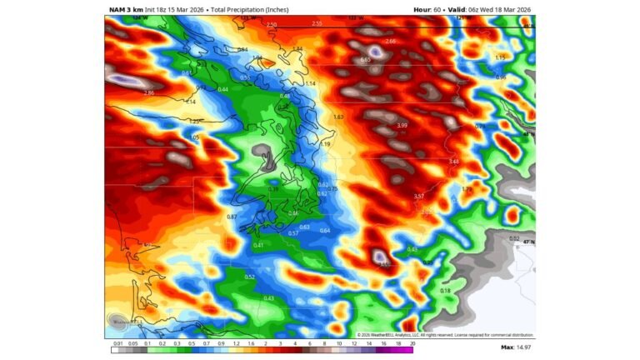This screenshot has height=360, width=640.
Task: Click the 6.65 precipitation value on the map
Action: pyautogui.click(x=365, y=60)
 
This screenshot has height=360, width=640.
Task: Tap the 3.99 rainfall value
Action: pyautogui.click(x=402, y=125)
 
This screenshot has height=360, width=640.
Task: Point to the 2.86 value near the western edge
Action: pyautogui.click(x=149, y=92)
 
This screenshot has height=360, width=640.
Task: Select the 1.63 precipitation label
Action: pyautogui.click(x=338, y=117)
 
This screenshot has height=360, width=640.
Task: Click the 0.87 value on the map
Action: pyautogui.click(x=232, y=217)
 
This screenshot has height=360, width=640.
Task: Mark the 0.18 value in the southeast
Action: pyautogui.click(x=445, y=291)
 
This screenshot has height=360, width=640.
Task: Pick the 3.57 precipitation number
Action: pyautogui.click(x=419, y=196)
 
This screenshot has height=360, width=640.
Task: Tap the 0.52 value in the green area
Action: pyautogui.click(x=250, y=277)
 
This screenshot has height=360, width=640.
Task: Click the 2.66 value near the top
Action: pyautogui.click(x=391, y=41)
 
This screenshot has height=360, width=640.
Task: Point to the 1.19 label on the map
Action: pyautogui.click(x=326, y=143)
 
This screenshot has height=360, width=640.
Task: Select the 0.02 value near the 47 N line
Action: pyautogui.click(x=514, y=238)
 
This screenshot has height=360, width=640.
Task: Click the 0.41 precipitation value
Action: pyautogui.click(x=258, y=245)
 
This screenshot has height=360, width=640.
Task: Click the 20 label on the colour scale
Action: pyautogui.click(x=412, y=342)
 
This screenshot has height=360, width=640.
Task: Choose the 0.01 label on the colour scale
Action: pyautogui.click(x=118, y=342)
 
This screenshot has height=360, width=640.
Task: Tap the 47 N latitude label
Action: pyautogui.click(x=528, y=242)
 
